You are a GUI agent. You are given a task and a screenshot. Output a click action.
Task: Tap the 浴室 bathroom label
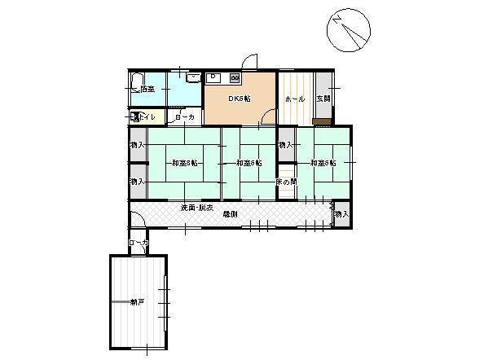(147, 89)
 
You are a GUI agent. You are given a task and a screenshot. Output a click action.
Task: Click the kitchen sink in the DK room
(215, 78)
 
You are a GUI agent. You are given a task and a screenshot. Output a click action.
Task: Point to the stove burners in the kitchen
(235, 78)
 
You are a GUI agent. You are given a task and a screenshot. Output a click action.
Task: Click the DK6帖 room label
(239, 99)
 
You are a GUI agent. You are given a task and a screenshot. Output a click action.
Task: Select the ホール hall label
(294, 99)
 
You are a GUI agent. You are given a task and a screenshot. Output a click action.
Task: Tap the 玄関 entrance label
(323, 99)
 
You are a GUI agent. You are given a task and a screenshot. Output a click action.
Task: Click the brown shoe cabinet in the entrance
(322, 121)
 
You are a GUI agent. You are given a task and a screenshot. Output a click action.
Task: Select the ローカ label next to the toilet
(185, 117)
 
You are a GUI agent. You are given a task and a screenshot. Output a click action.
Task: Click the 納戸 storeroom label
(137, 302)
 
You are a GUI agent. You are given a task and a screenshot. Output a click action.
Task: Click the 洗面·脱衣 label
(197, 209)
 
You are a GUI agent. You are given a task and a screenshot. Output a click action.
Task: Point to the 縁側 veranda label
(230, 214)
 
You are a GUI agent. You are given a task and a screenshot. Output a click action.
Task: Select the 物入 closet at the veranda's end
(341, 214)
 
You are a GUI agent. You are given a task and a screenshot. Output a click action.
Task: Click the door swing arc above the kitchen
(252, 62)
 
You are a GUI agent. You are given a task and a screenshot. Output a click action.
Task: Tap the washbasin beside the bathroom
(192, 78)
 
